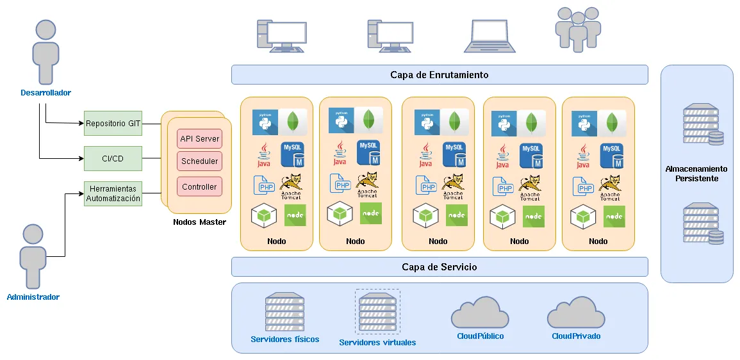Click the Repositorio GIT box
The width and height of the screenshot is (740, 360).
click(x=113, y=123)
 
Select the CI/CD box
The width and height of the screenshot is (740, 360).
click(x=113, y=158)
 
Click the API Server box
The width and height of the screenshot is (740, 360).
click(x=199, y=139)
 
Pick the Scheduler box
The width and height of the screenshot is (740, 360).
click(x=199, y=161)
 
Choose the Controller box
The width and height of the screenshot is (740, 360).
click(x=199, y=187)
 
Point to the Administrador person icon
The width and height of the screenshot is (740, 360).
click(x=33, y=257)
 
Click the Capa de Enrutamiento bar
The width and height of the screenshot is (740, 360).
click(x=439, y=75)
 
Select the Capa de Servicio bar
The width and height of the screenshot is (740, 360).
click(x=439, y=267)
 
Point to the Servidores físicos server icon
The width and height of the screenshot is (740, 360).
click(x=284, y=312)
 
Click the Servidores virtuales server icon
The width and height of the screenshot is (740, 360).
click(x=377, y=311)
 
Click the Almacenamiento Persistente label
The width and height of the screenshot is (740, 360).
click(x=696, y=174)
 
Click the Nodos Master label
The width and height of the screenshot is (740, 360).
click(x=199, y=222)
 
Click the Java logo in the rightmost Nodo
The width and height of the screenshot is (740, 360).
click(x=583, y=156)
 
